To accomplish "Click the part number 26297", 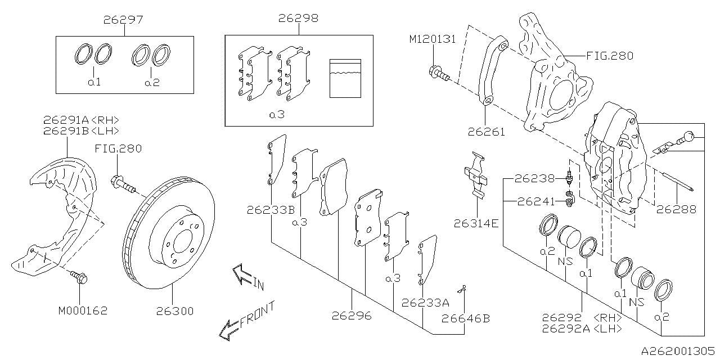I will point(123,19).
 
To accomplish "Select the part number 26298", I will point(298,18).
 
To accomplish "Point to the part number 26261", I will point(486,132).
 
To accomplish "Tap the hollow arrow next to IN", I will point(243,275).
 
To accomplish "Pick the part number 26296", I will point(352,316).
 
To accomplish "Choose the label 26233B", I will point(270,210).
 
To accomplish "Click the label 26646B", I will point(465,318).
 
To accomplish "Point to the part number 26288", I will point(676,209).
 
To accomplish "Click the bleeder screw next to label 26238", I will point(569,178).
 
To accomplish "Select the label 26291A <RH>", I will point(81,120).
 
